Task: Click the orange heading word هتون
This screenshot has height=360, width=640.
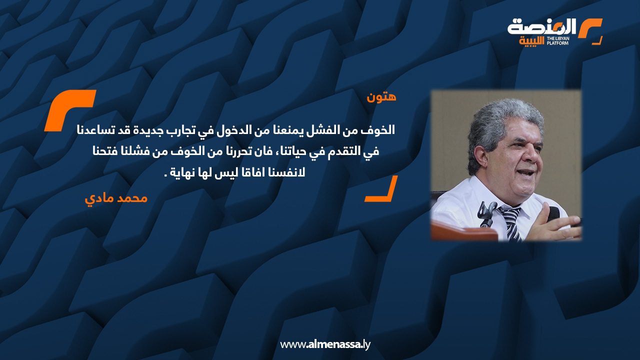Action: (x=381, y=97)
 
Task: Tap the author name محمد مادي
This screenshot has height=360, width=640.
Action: (x=116, y=198)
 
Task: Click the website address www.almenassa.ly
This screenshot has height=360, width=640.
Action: (x=325, y=344)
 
